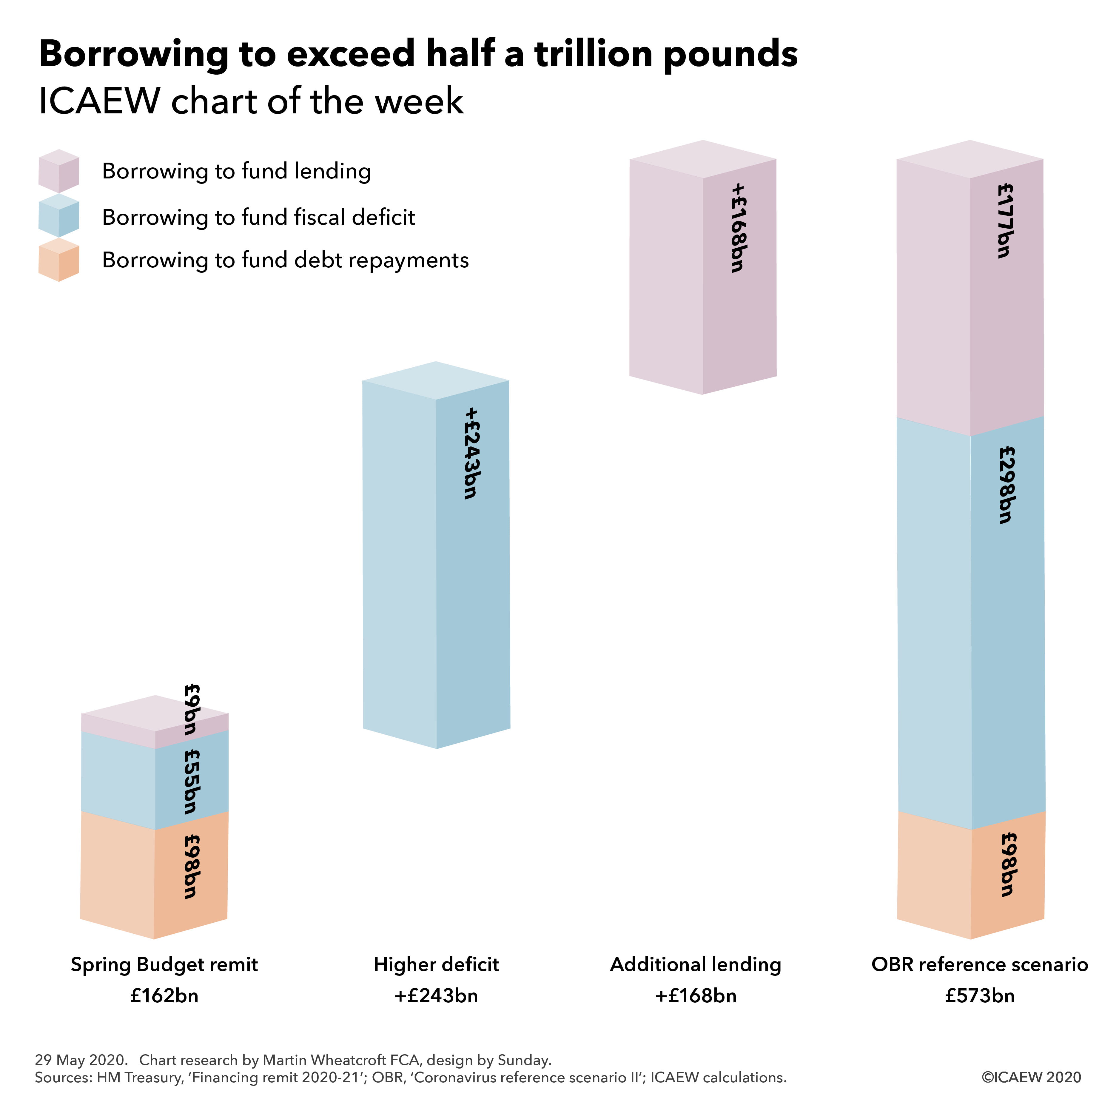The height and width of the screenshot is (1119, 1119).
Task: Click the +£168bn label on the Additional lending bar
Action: click(x=738, y=228)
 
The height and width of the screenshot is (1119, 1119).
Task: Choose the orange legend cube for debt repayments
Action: click(x=58, y=260)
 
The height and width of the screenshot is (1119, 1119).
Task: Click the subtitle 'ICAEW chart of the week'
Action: click(x=251, y=101)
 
